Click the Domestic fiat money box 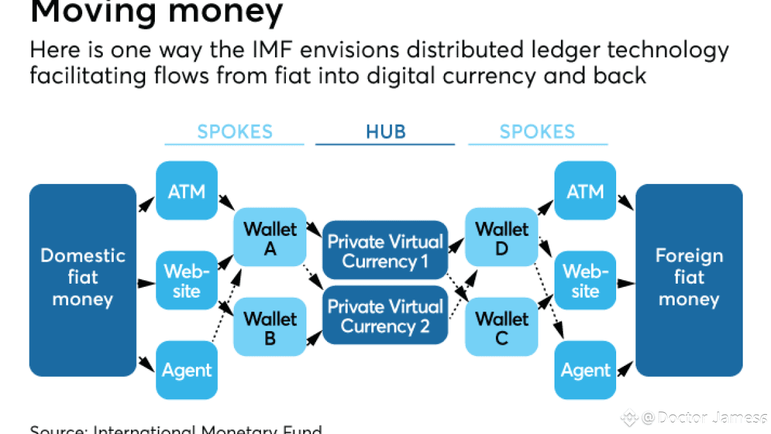[x=82, y=280]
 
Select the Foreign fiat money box [x=689, y=280]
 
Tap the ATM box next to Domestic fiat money [x=186, y=191]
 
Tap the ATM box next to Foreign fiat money [x=585, y=191]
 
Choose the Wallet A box [x=270, y=237]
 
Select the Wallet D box [x=502, y=237]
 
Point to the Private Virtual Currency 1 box [x=385, y=251]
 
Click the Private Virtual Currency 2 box [x=385, y=316]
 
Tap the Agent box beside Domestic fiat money [x=186, y=370]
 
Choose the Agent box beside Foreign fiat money [x=585, y=370]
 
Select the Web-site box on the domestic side [x=186, y=281]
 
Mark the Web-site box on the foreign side [x=585, y=281]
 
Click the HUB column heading [x=385, y=132]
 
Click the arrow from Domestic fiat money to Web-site [x=146, y=283]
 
